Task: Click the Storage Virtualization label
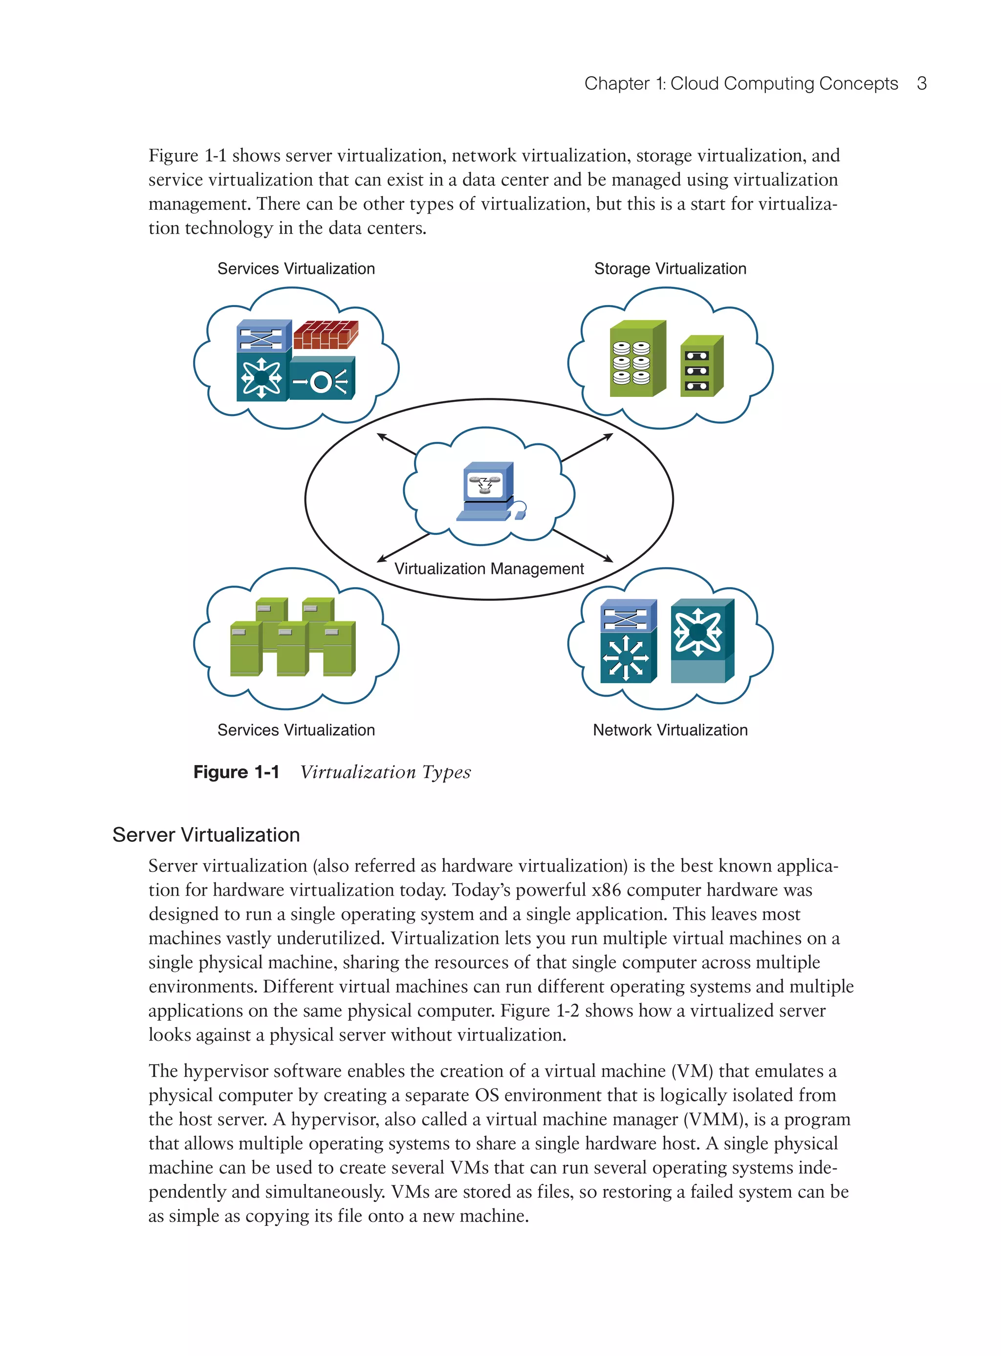[x=670, y=268]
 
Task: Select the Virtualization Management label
[x=488, y=569]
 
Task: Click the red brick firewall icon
[x=326, y=335]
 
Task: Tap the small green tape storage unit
[x=701, y=367]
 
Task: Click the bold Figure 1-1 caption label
[x=236, y=772]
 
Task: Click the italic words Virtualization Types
[x=385, y=772]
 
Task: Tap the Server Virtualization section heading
[x=206, y=834]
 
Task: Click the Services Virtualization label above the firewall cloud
[x=296, y=268]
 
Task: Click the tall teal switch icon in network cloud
[x=702, y=641]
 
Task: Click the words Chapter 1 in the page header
[x=624, y=84]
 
